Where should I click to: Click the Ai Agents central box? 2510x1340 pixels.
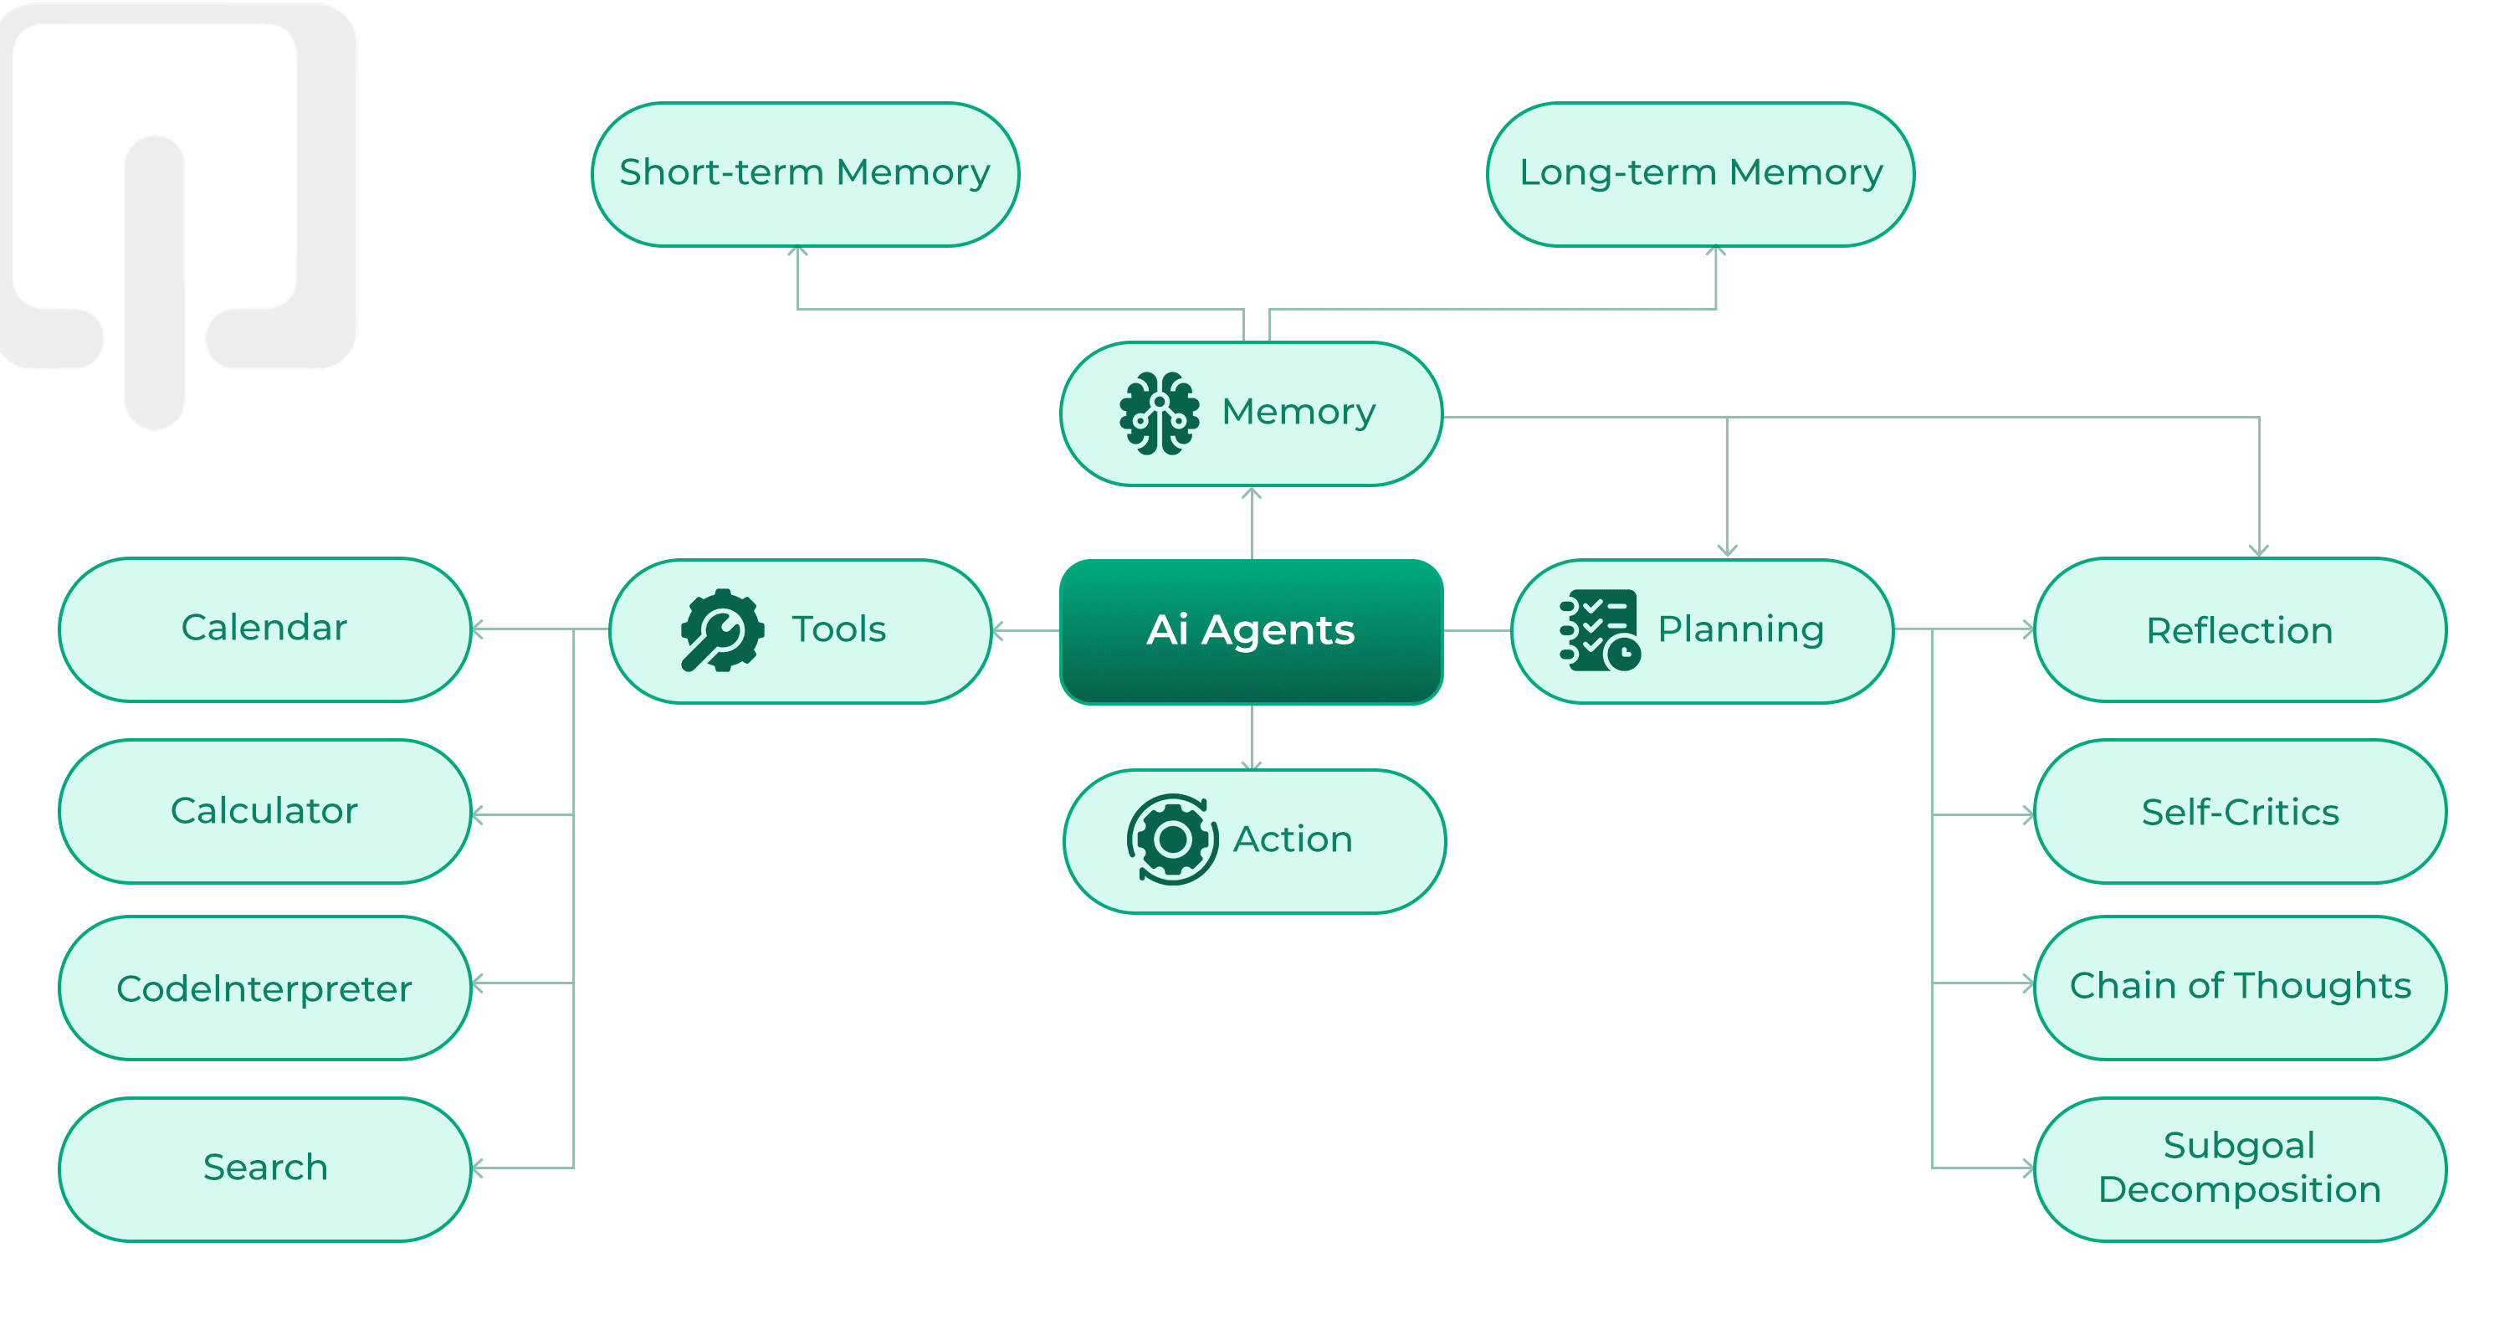1250,630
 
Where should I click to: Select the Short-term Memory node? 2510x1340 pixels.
805,173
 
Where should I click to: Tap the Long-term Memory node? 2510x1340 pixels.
1699,173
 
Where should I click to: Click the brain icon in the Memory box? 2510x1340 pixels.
1159,413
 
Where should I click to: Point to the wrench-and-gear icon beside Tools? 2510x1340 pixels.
721,630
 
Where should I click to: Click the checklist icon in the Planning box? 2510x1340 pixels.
1599,629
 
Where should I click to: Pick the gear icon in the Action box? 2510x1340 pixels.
1172,839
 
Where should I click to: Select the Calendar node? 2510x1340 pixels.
265,629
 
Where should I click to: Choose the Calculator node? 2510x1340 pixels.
265,811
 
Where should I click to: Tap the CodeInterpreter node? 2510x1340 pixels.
265,988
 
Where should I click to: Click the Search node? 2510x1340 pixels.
265,1168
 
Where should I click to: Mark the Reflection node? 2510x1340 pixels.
2239,630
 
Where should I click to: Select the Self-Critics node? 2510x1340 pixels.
2239,811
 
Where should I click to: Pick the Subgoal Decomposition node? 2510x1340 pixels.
2239,1168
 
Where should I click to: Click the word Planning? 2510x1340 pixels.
1740,629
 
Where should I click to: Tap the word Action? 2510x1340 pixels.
1293,839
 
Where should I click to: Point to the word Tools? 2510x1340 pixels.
838,629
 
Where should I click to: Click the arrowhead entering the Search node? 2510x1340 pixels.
479,1168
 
